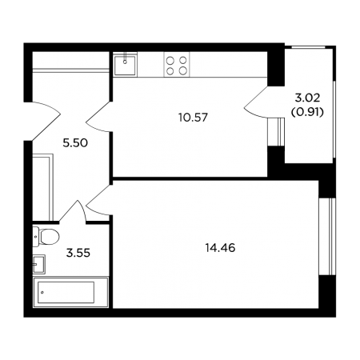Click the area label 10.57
tap(193, 118)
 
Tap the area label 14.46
tap(220, 248)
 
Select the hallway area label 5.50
tap(75, 143)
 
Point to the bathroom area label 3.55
tap(78, 253)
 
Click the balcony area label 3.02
tap(307, 98)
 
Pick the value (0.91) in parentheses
tap(307, 113)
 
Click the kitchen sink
tap(125, 65)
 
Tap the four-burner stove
tap(176, 66)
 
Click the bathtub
tap(70, 292)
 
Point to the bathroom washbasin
tap(39, 264)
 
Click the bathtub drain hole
tap(42, 292)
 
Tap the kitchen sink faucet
tap(125, 59)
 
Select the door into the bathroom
tap(73, 211)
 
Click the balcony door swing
tap(256, 102)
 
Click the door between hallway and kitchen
tap(98, 117)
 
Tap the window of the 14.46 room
tap(327, 237)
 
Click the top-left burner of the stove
tap(170, 61)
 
